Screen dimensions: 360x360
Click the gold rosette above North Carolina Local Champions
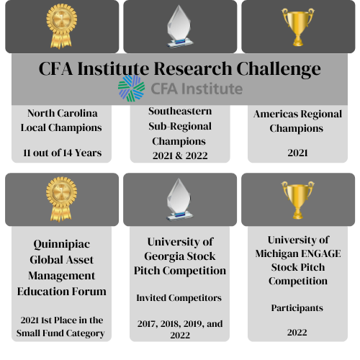(62, 26)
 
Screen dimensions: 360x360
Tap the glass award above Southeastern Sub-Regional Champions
(179, 27)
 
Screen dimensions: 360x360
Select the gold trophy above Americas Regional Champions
(298, 27)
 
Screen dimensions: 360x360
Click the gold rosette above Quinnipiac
(61, 199)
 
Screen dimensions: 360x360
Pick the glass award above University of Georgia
(179, 199)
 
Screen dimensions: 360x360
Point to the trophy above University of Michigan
(297, 200)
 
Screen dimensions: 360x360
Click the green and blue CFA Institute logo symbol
(131, 89)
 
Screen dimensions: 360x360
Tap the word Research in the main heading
(193, 68)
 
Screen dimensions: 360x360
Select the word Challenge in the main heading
(279, 69)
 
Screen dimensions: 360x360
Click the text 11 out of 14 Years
(62, 153)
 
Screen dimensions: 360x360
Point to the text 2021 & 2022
(180, 156)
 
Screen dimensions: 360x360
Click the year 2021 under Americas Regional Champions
(297, 153)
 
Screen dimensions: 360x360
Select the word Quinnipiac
(62, 245)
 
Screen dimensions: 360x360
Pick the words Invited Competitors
(179, 298)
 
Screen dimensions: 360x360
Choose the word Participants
(297, 308)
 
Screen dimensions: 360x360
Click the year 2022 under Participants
(297, 333)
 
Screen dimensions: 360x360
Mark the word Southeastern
(180, 111)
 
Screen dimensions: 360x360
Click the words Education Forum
(62, 292)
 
